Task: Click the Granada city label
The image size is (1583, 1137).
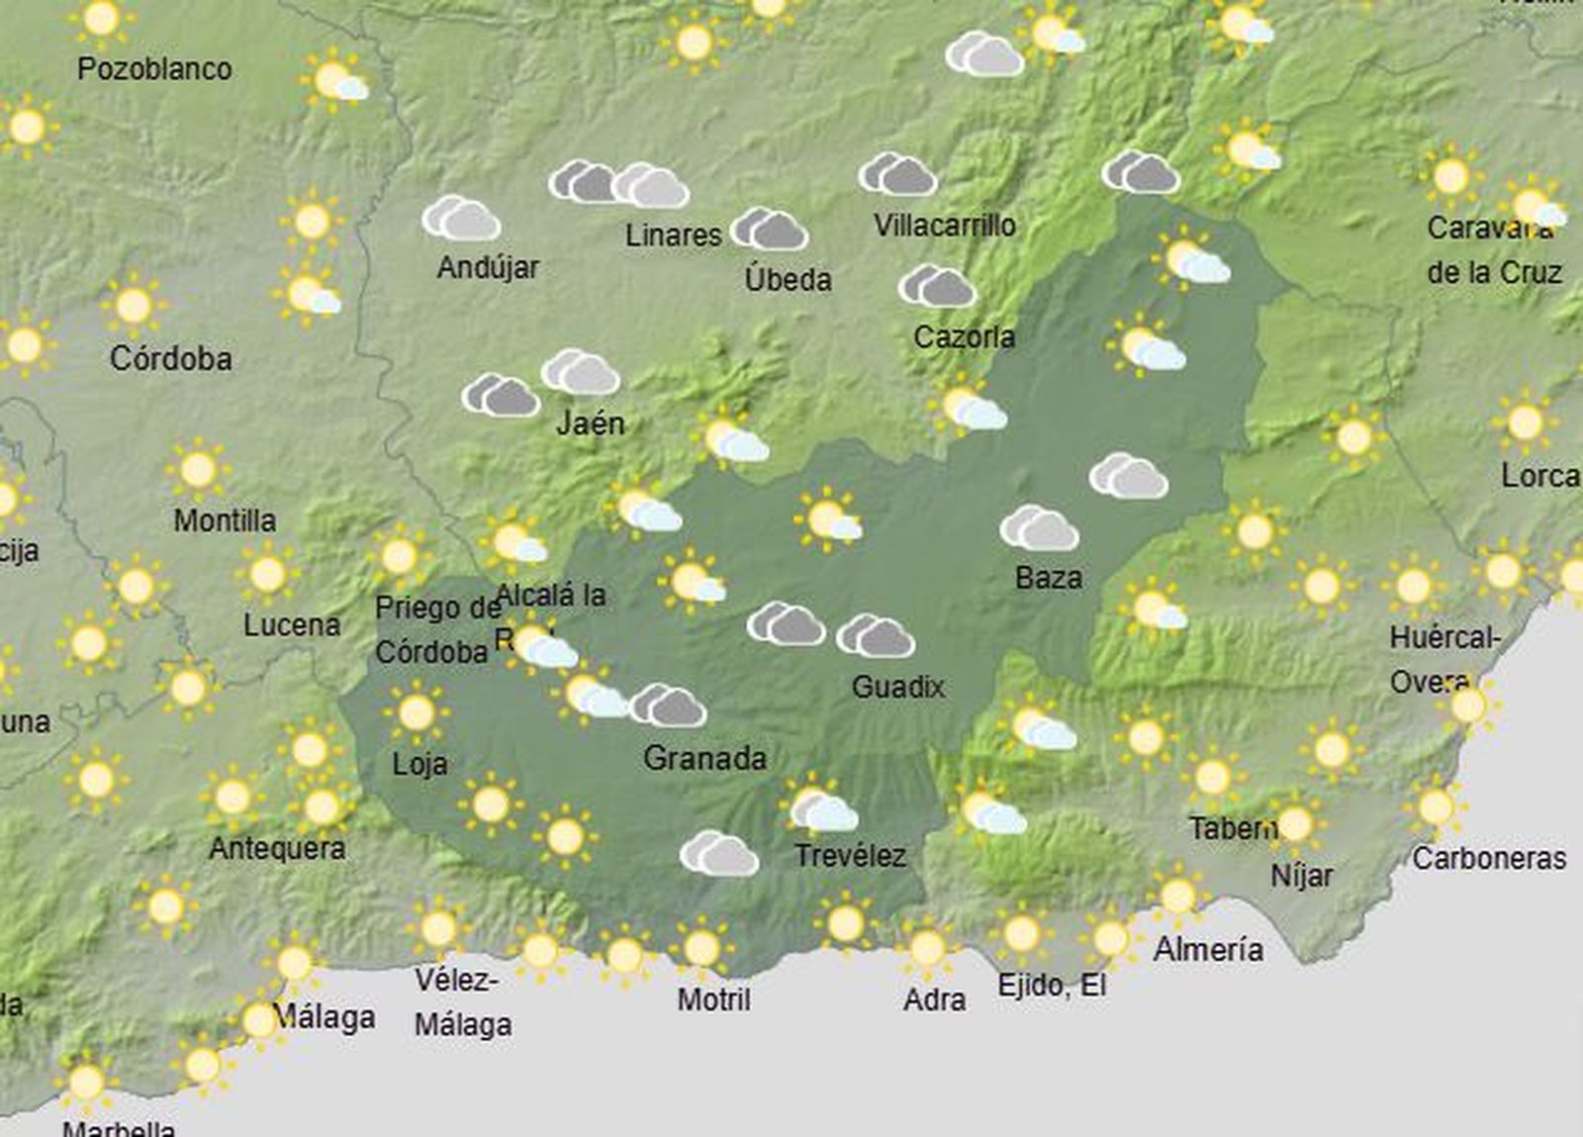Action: tap(704, 759)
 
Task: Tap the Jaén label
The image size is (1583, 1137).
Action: tap(591, 424)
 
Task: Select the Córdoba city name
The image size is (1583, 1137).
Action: tap(170, 358)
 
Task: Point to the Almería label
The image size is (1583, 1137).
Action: tap(1208, 950)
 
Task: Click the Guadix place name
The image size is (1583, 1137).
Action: tap(898, 687)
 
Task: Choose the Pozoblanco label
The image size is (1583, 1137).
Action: tap(154, 69)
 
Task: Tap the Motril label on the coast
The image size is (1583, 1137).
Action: tap(713, 999)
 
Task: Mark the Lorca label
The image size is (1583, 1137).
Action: tap(1539, 476)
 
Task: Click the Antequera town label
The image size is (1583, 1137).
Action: tap(277, 848)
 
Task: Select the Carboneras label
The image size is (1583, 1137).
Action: tap(1488, 858)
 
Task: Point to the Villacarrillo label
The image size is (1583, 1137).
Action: tap(944, 226)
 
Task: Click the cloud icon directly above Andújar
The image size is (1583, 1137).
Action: tap(461, 218)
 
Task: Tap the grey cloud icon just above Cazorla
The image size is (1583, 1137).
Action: tap(937, 286)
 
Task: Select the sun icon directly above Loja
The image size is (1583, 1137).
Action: tap(416, 711)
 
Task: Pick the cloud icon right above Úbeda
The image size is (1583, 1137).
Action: tap(770, 230)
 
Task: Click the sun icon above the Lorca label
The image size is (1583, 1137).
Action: tap(1525, 423)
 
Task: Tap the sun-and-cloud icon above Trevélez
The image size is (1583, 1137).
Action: tap(821, 808)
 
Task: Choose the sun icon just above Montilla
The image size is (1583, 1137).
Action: tap(198, 469)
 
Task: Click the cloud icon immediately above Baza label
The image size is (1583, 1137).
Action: tap(1039, 528)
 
